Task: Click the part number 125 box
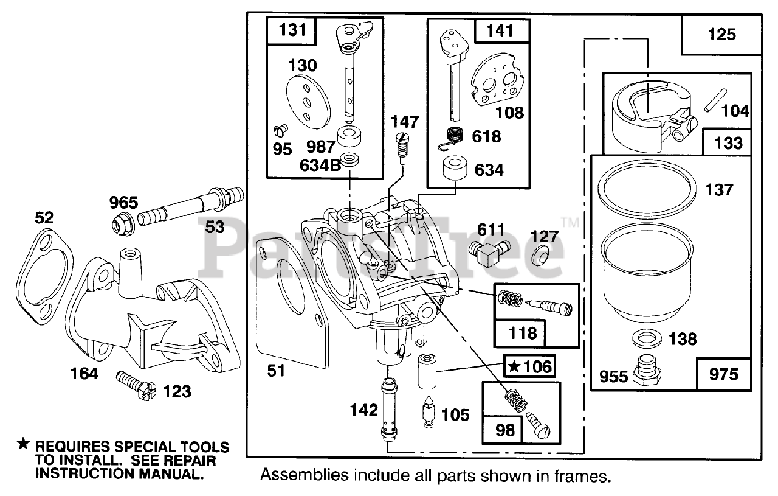tap(721, 35)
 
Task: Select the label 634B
tap(320, 166)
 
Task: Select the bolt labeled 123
tap(136, 386)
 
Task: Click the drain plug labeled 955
tap(646, 371)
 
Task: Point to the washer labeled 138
tap(645, 338)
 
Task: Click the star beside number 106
tap(514, 366)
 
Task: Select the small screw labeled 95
tap(281, 130)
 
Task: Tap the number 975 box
tap(723, 375)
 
